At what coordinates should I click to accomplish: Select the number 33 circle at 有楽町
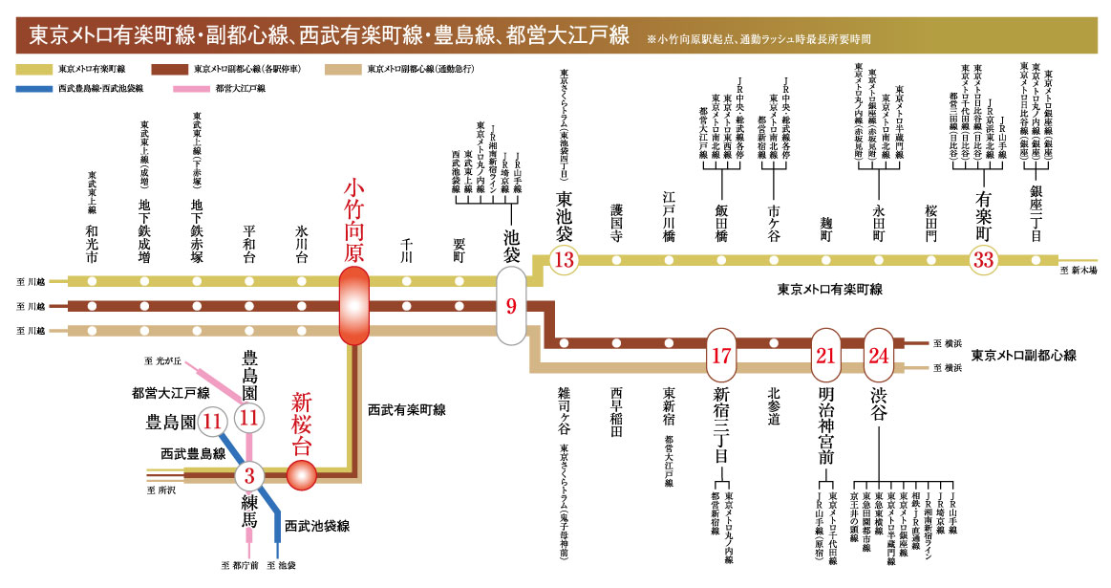(984, 259)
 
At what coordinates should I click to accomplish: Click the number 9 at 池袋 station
(511, 307)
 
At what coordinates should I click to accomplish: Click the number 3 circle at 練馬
(249, 473)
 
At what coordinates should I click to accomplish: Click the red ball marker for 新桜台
(302, 472)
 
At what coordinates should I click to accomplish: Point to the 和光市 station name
(92, 245)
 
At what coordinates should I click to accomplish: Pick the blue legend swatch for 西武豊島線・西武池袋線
(32, 88)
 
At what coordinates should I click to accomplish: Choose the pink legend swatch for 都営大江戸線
(192, 88)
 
